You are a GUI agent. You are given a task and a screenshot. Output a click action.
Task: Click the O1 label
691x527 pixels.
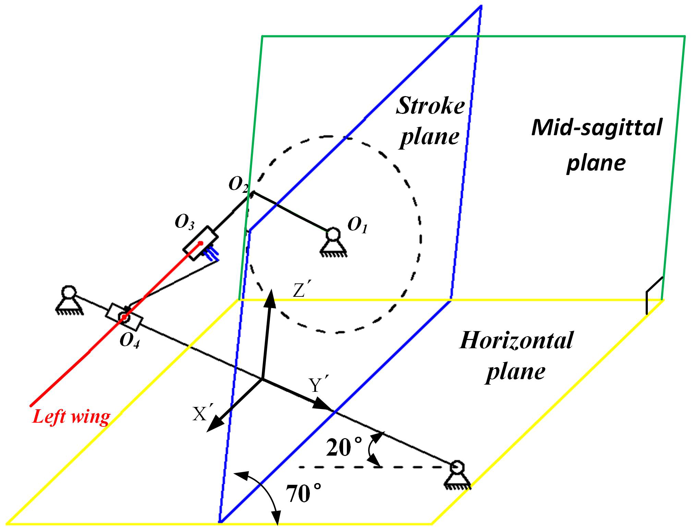click(x=357, y=225)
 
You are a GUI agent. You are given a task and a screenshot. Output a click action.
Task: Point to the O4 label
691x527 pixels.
click(x=130, y=341)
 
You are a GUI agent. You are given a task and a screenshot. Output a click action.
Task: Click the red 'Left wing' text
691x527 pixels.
click(x=71, y=417)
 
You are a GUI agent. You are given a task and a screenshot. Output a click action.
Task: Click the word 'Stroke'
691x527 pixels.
click(x=431, y=106)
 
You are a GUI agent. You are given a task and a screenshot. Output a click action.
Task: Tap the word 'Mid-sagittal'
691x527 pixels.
click(x=597, y=128)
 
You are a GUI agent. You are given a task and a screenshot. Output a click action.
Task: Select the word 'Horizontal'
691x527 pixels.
click(x=516, y=340)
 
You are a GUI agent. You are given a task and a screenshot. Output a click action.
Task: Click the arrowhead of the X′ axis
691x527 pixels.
click(x=215, y=423)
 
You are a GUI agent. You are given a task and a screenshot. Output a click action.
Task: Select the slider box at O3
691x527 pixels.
click(x=200, y=243)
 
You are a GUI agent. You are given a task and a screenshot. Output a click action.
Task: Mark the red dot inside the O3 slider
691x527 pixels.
click(x=201, y=243)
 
